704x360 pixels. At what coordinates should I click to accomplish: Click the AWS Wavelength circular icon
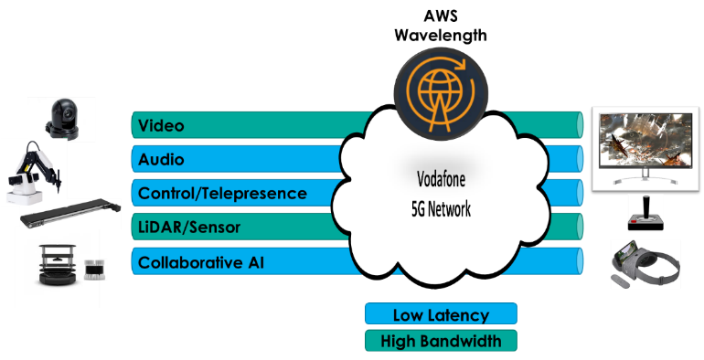(436, 90)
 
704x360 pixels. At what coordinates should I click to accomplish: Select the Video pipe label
(161, 125)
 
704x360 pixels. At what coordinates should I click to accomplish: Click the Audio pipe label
(161, 160)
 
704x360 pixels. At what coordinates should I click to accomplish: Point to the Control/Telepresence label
(222, 194)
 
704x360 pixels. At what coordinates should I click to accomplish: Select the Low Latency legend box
(441, 315)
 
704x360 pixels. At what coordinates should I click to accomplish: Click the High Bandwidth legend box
(441, 341)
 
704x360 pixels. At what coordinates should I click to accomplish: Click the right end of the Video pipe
(578, 125)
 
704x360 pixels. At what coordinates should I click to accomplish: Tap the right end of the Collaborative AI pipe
(578, 261)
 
